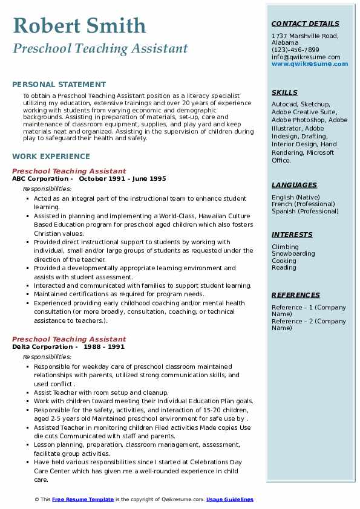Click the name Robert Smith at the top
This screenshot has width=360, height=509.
[x=79, y=25]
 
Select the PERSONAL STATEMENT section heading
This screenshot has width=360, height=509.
[x=59, y=85]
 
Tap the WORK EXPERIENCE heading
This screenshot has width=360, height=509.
[x=51, y=156]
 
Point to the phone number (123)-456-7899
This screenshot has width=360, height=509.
[x=295, y=50]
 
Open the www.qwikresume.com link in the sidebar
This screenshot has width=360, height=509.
[x=306, y=63]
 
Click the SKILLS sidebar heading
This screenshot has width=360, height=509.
[x=284, y=92]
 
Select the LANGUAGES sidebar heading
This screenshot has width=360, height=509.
[x=294, y=185]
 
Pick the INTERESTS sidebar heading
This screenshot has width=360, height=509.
[x=292, y=235]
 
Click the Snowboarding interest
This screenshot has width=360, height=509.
[x=293, y=254]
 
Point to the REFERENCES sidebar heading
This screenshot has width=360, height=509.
[x=296, y=295]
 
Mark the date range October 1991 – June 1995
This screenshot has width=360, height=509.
[x=122, y=179]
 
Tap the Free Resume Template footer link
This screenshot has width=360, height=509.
[x=83, y=499]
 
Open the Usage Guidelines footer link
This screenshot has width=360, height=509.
[x=230, y=499]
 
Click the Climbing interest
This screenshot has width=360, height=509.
[x=285, y=247]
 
